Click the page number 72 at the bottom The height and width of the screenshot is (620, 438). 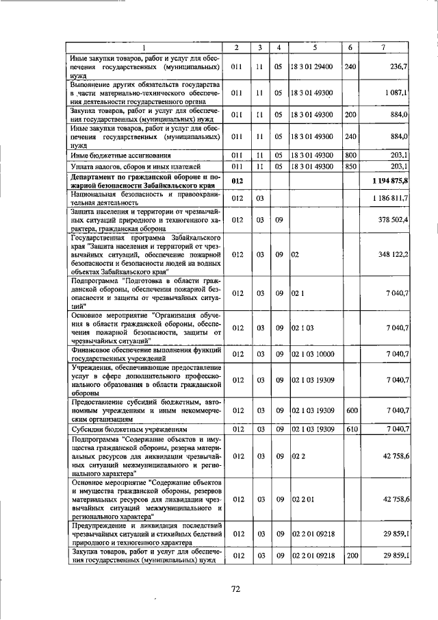point(234,587)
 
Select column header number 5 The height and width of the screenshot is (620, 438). point(315,47)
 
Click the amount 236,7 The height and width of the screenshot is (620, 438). point(398,67)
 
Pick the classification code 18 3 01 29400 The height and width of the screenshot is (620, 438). point(311,67)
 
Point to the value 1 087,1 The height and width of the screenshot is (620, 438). point(396,92)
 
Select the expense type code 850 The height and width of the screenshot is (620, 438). point(350,166)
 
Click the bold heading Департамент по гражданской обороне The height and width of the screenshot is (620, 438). point(146,180)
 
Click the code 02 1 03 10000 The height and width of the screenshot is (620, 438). point(313,354)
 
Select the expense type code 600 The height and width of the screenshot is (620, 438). point(350,410)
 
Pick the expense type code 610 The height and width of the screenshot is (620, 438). point(350,429)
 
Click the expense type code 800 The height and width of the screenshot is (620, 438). point(350,155)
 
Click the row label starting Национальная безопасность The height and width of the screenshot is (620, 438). point(146,198)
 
